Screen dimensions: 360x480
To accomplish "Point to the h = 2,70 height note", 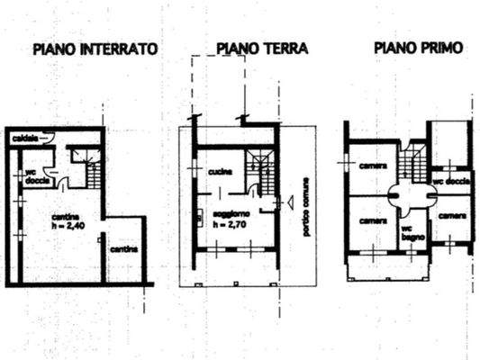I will pos(229,224).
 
